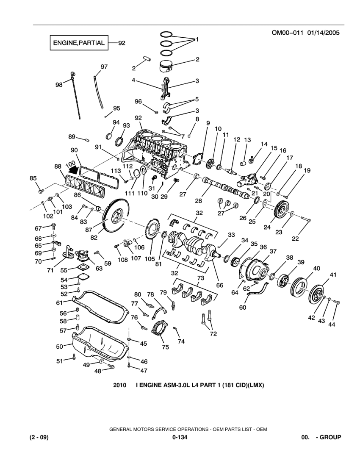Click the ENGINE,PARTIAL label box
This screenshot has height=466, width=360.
(78, 43)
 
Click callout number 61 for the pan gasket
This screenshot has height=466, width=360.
(60, 302)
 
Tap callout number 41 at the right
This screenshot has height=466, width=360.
(333, 275)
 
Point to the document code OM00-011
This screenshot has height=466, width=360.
(286, 33)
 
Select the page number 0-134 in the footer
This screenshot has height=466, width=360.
(180, 437)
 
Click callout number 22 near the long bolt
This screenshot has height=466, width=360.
(306, 239)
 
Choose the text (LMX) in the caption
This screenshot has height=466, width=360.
(256, 386)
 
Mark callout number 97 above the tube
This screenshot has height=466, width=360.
(104, 67)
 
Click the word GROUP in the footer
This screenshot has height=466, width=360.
(330, 437)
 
